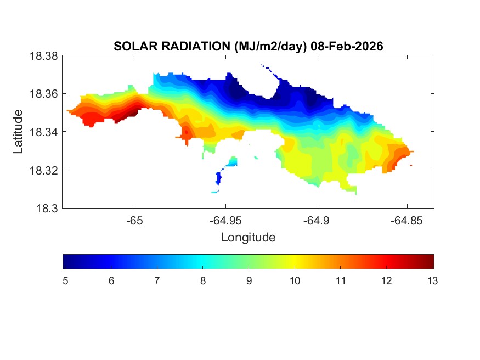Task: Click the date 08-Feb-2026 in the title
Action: (x=347, y=47)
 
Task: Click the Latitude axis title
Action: (x=19, y=132)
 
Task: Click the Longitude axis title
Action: (x=248, y=238)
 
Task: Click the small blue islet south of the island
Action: (x=219, y=178)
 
